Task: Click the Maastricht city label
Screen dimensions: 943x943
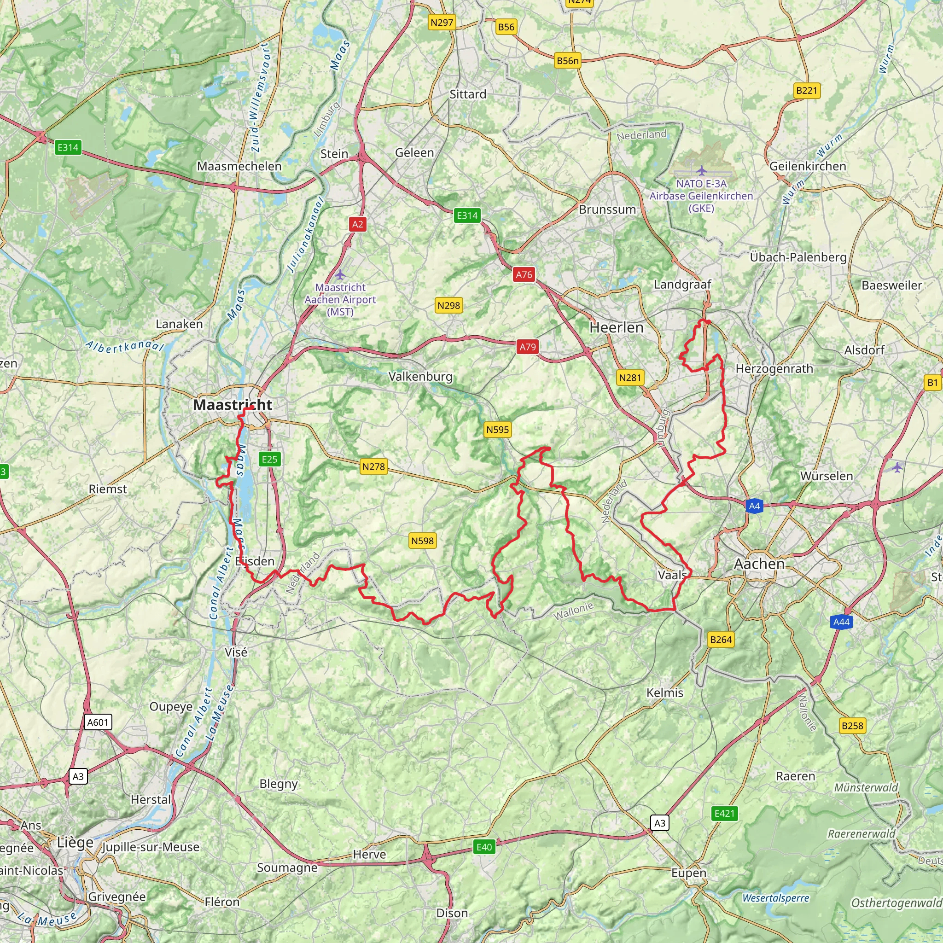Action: pos(233,405)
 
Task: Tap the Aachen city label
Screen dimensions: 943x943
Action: pos(759,564)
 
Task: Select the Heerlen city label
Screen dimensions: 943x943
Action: pos(617,327)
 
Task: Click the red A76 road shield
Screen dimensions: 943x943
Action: pos(524,274)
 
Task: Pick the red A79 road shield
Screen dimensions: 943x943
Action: pos(527,347)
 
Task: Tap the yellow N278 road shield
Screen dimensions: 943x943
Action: pos(373,466)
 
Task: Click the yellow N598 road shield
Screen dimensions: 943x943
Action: pos(422,541)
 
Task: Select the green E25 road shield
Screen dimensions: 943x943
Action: pos(269,459)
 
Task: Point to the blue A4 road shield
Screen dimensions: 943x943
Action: pos(755,506)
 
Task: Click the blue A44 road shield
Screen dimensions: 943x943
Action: pos(841,622)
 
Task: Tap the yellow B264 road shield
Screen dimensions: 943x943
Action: pos(721,640)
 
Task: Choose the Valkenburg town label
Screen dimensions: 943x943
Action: pos(420,376)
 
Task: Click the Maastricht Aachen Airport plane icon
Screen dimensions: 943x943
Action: pos(340,274)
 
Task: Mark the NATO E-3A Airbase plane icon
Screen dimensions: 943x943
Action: pos(701,170)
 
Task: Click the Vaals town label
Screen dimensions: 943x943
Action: pos(672,575)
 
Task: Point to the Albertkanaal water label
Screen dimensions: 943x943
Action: pos(124,346)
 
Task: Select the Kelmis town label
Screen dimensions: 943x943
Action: pos(665,693)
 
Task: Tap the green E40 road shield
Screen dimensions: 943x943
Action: pos(484,846)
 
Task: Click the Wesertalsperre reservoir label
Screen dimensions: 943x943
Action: pos(775,898)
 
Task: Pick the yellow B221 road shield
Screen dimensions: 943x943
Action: pos(806,90)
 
